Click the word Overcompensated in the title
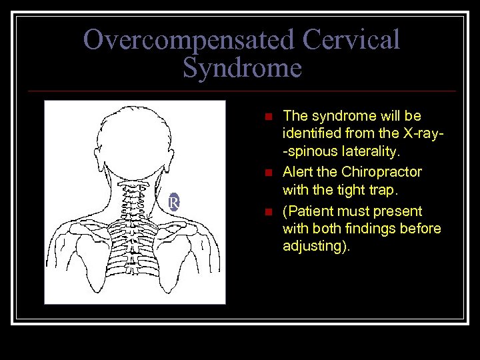coord(189,40)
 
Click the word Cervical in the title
coord(351,40)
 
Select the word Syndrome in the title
coord(241,68)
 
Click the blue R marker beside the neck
coord(173,202)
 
